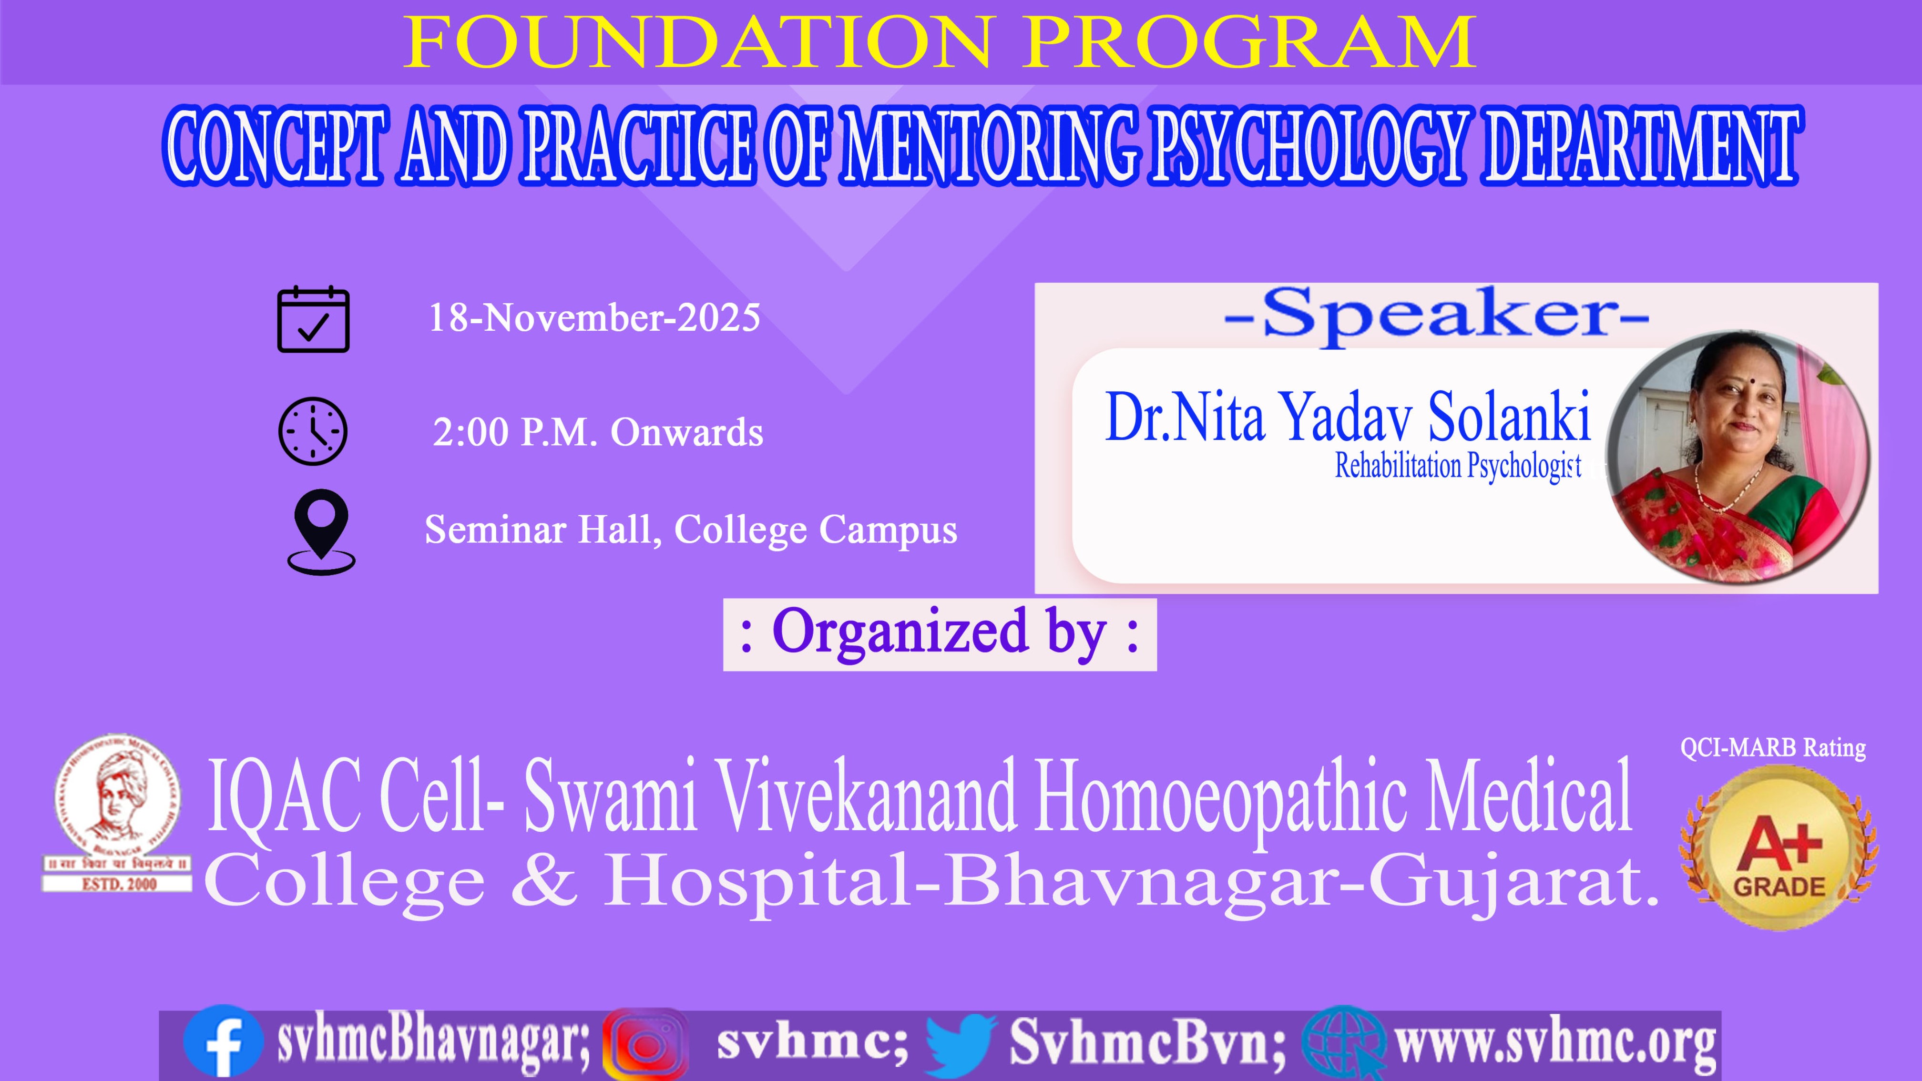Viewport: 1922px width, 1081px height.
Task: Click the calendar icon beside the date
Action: coord(313,319)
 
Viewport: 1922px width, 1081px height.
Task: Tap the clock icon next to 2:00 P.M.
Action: coord(313,431)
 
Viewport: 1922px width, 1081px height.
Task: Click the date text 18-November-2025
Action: coord(594,318)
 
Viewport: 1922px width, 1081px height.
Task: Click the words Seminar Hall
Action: coord(544,530)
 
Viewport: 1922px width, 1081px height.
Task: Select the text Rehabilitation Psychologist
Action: coord(1458,466)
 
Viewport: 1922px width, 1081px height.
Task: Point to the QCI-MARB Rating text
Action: coord(1773,747)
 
